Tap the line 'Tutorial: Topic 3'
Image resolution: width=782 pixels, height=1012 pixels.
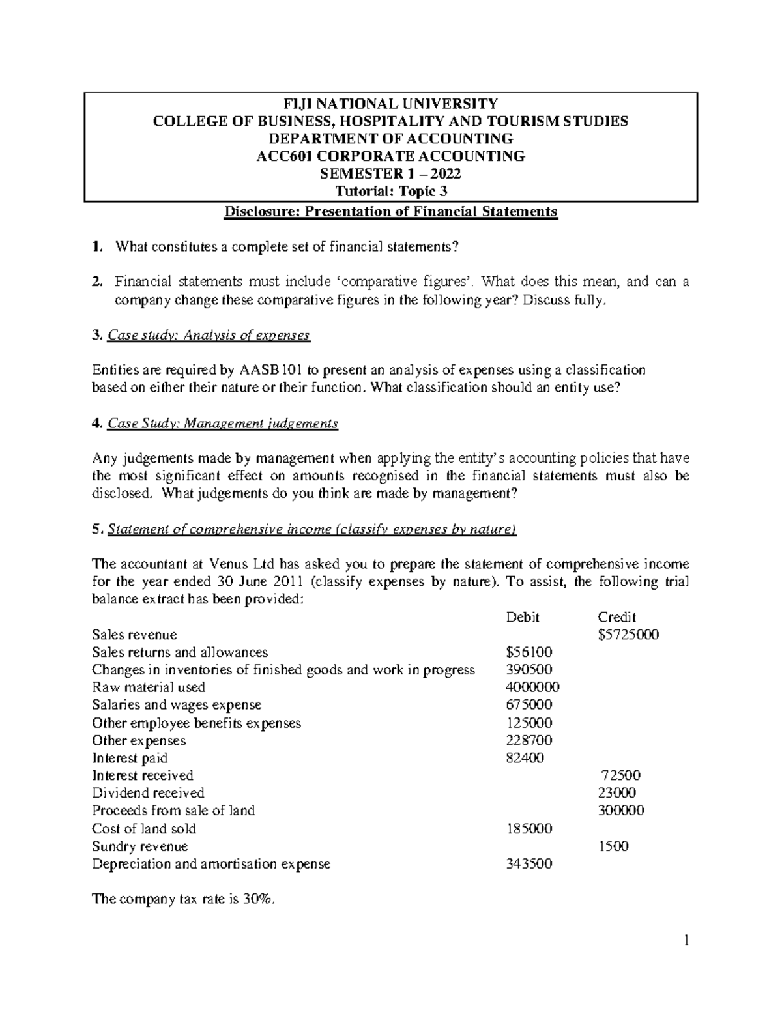pos(391,192)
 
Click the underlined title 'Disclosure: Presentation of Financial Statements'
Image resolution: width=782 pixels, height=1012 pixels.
pos(391,212)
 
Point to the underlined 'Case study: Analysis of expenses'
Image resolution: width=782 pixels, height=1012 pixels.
pos(209,336)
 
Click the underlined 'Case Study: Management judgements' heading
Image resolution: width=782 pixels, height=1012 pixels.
pos(222,424)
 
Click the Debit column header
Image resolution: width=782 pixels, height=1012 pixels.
pos(523,617)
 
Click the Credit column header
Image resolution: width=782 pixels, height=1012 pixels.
pos(616,617)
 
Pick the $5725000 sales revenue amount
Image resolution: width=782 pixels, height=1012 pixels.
pos(628,635)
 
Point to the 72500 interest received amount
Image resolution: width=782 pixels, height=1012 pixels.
pos(620,775)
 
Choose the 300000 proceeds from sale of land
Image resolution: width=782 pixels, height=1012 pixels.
pos(621,811)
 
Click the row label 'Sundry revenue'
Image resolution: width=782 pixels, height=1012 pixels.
pos(139,846)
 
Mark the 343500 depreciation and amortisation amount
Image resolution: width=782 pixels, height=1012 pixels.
pos(529,864)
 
